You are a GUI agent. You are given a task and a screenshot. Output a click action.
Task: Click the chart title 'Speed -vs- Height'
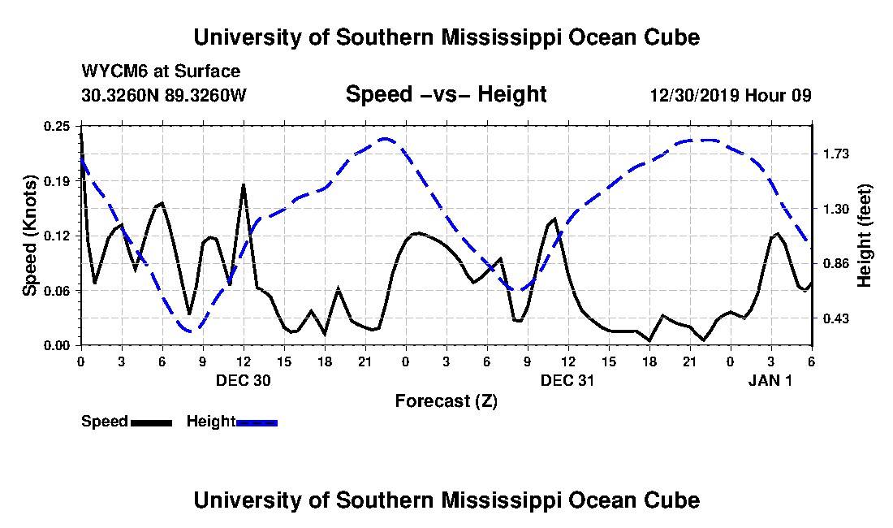pos(446,94)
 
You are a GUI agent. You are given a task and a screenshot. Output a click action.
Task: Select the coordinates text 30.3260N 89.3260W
pos(164,95)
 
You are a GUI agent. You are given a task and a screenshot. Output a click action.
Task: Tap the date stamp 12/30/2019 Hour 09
pos(731,95)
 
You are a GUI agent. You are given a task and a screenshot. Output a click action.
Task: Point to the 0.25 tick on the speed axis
pos(57,126)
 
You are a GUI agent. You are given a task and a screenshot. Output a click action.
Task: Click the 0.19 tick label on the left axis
pos(57,181)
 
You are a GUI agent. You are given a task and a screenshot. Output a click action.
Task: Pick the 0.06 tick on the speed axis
pos(57,291)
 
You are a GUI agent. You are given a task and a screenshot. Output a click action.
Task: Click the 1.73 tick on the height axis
pos(836,154)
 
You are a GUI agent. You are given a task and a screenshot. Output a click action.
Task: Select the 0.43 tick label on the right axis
pos(836,318)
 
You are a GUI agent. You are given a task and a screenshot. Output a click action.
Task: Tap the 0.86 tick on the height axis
pos(836,264)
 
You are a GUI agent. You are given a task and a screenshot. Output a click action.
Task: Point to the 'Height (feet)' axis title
pos(865,236)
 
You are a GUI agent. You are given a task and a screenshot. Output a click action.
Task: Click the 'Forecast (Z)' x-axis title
pos(446,401)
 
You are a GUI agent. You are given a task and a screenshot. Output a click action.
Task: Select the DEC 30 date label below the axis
pos(244,380)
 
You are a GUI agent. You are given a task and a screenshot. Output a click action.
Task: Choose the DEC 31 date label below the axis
pos(567,380)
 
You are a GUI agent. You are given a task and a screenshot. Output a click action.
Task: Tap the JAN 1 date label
pos(770,380)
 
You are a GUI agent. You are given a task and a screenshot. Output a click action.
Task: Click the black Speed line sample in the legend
pos(151,422)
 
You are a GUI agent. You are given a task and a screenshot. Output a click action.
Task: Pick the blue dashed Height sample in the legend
pos(257,422)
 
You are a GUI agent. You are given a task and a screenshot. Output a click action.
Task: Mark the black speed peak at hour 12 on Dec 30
pos(244,186)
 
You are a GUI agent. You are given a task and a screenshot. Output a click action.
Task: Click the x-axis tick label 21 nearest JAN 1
pos(690,361)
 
